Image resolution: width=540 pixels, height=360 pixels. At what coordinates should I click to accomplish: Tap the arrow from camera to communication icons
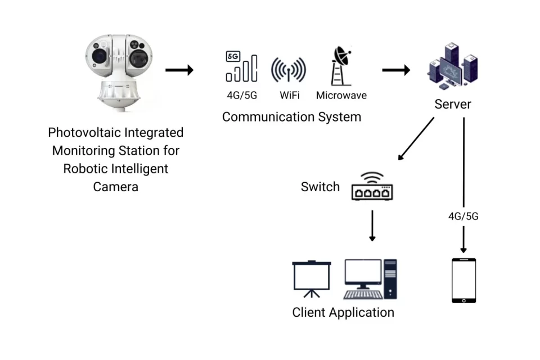pyautogui.click(x=179, y=70)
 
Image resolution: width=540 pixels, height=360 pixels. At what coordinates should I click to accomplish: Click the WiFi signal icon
pyautogui.click(x=288, y=70)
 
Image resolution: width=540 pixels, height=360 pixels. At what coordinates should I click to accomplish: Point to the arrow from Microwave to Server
pyautogui.click(x=396, y=70)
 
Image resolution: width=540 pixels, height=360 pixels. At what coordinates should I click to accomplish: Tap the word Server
pyautogui.click(x=453, y=105)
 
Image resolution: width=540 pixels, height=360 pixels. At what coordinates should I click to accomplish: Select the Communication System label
pyautogui.click(x=291, y=117)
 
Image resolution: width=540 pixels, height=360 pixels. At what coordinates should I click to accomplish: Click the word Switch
pyautogui.click(x=320, y=187)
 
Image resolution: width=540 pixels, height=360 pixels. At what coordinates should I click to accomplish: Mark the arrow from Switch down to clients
pyautogui.click(x=372, y=226)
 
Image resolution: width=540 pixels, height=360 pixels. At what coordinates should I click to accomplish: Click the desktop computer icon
pyautogui.click(x=370, y=279)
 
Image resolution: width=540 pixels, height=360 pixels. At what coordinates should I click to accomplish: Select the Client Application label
pyautogui.click(x=343, y=313)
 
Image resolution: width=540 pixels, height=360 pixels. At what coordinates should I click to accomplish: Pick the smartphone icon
pyautogui.click(x=464, y=281)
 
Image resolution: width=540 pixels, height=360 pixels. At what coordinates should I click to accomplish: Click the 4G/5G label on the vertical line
pyautogui.click(x=463, y=216)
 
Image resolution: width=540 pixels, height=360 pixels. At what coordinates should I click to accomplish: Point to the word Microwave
pyautogui.click(x=341, y=95)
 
